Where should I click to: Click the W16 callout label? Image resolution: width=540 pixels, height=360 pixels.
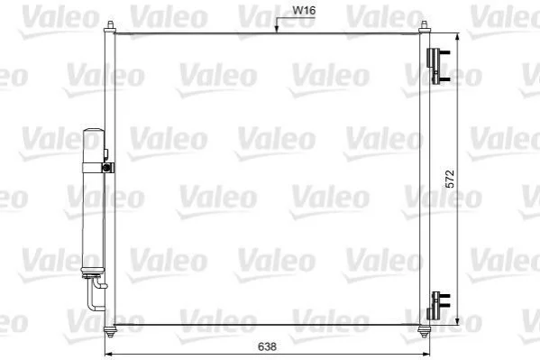[304, 10]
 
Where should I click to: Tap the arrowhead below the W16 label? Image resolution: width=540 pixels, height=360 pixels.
[276, 29]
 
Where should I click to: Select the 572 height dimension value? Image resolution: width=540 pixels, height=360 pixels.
[450, 179]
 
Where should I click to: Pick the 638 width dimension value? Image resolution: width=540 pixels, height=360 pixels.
[267, 346]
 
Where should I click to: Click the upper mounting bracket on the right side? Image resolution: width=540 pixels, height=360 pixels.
[437, 66]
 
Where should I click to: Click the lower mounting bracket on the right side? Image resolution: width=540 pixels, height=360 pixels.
[438, 306]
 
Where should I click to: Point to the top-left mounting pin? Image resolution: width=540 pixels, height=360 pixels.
[110, 26]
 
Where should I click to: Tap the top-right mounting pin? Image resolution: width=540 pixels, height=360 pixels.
[424, 26]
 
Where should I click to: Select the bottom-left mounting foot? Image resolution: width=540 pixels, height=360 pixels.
[110, 332]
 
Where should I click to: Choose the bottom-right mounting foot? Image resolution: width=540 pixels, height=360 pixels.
[424, 332]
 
